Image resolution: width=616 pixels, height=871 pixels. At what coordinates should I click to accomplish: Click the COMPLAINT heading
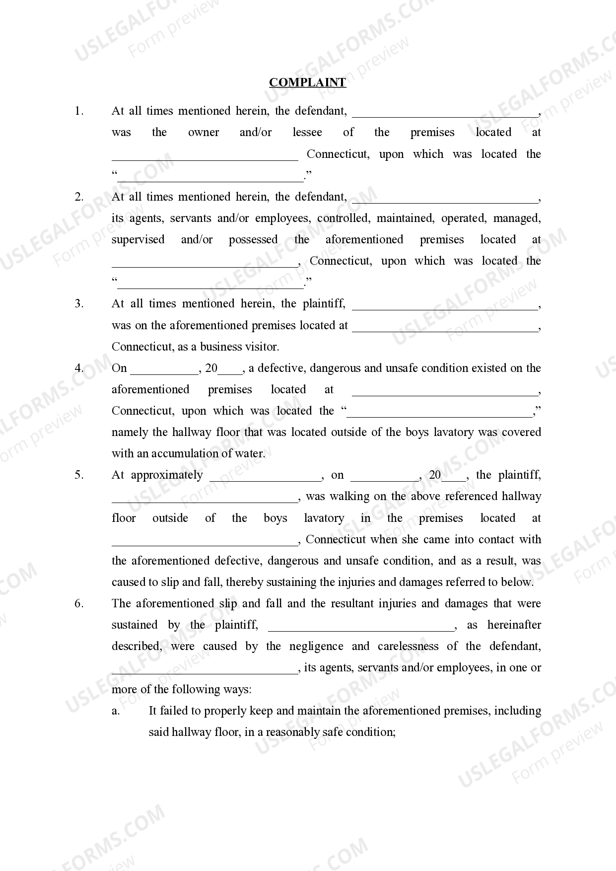307,82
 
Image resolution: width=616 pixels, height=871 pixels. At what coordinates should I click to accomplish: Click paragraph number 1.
79,111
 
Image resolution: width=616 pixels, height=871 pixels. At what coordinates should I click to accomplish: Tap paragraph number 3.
79,303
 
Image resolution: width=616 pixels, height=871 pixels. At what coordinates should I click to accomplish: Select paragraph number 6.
79,603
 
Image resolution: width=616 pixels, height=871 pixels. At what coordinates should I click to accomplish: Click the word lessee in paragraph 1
307,132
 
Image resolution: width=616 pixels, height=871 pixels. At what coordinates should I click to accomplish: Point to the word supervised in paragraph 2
137,239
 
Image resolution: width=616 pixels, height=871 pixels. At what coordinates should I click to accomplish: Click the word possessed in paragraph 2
253,239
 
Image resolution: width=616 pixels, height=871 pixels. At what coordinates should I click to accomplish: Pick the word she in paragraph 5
406,539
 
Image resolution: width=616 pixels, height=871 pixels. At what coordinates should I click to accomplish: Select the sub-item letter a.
115,711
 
